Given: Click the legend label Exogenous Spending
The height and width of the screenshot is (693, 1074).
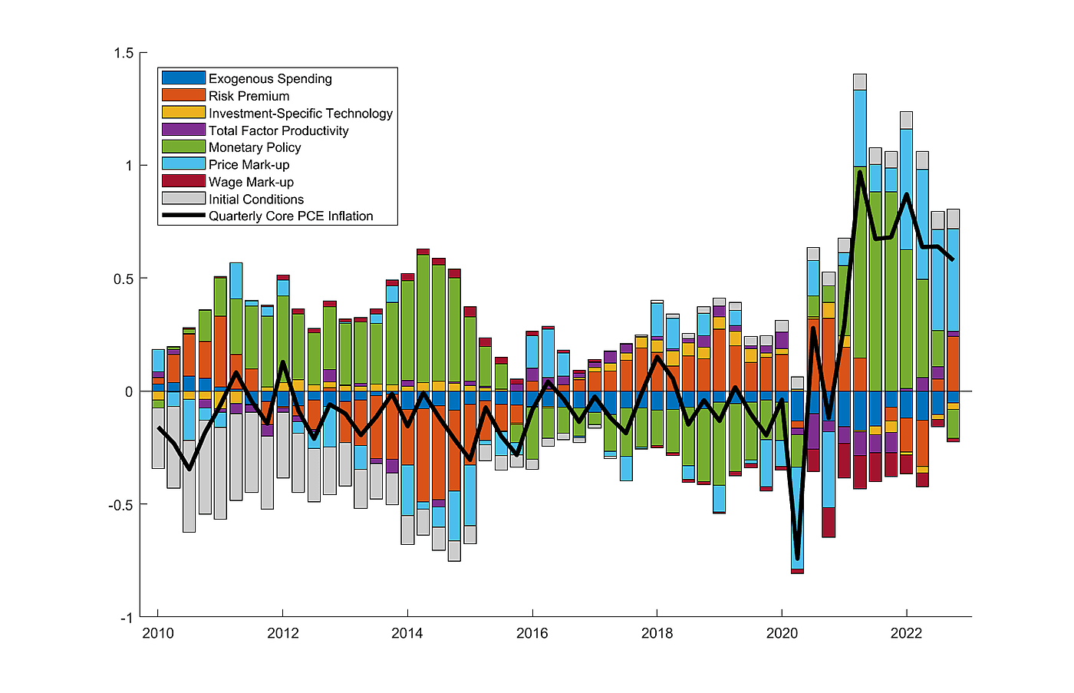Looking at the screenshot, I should [x=270, y=78].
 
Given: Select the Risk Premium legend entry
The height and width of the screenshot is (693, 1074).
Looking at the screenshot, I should [x=249, y=96].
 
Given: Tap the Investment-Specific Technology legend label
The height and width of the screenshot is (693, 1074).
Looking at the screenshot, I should [x=300, y=113].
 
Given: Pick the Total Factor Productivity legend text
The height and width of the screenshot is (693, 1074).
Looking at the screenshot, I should [x=278, y=130].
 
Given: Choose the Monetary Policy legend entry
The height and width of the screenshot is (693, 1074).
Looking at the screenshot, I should [x=255, y=147].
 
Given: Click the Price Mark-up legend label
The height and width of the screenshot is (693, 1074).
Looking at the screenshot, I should [x=249, y=164].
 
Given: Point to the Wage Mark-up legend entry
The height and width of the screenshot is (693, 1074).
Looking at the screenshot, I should [x=251, y=182].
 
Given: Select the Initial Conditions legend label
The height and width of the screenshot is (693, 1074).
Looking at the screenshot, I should [x=256, y=199].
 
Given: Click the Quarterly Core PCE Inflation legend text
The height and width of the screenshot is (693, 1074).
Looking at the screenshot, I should [x=291, y=216].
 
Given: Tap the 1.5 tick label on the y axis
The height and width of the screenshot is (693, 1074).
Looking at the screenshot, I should [x=124, y=53].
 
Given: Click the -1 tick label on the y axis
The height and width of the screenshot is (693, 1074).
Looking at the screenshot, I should [x=126, y=618].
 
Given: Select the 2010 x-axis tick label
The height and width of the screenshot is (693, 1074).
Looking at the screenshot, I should [x=158, y=633].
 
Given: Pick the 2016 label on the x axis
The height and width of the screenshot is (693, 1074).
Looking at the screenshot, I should [x=532, y=633].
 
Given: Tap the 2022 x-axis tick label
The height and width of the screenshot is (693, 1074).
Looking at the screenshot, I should [x=907, y=633].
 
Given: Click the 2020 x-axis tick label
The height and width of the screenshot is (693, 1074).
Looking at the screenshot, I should [x=782, y=633].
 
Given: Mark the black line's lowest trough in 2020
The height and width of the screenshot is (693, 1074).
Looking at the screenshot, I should [x=798, y=558].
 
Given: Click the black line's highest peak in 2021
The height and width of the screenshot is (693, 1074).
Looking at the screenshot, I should [x=860, y=172].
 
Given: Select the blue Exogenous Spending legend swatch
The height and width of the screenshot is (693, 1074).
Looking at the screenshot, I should [x=183, y=78].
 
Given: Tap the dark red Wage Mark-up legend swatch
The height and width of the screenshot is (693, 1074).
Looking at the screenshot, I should [x=183, y=181].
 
